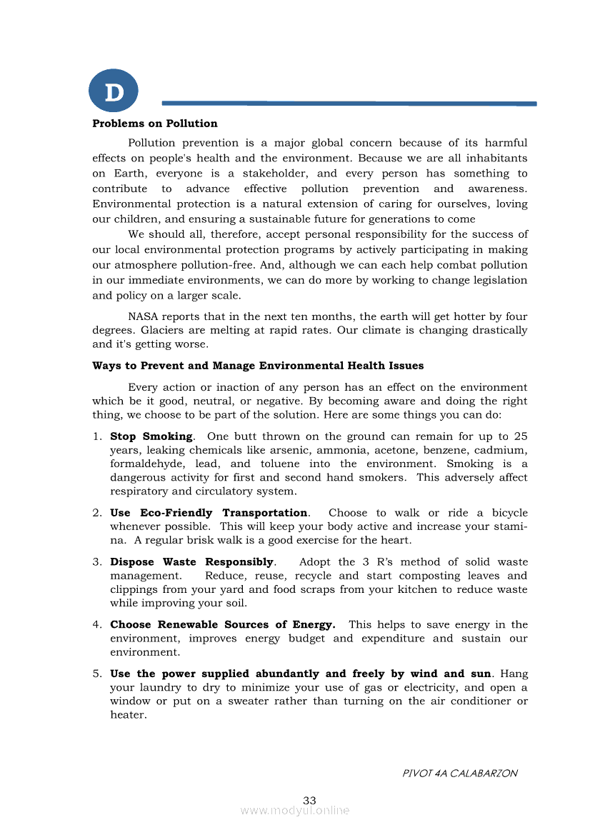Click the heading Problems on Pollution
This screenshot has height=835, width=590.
tap(155, 124)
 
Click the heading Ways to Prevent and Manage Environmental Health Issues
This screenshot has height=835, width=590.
tap(258, 366)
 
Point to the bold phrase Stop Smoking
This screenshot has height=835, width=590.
tap(151, 436)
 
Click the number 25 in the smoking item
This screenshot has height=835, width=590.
tap(520, 436)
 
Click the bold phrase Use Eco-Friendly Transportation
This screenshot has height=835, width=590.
tap(209, 513)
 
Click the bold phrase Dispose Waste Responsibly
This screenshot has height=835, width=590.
tap(192, 562)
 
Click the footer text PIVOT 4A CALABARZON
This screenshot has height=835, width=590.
tap(460, 773)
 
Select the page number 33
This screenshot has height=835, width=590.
tap(309, 801)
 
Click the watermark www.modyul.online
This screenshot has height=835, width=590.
tap(295, 810)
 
